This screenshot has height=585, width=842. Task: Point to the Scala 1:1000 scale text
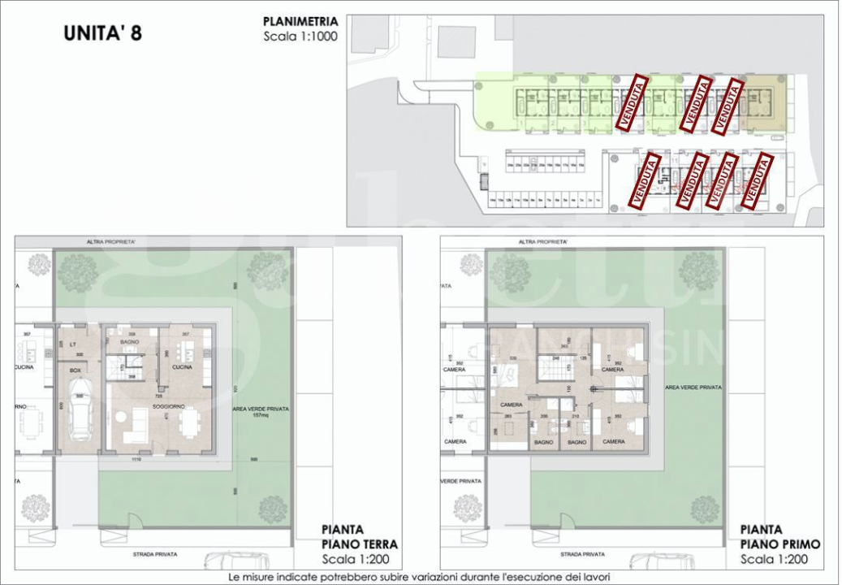[x=300, y=37]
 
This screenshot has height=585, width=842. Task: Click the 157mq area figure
[x=260, y=415]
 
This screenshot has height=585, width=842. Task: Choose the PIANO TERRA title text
[x=360, y=544]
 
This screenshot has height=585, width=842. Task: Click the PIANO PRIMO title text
[x=780, y=544]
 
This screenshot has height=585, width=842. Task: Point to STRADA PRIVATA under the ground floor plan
[x=155, y=554]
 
